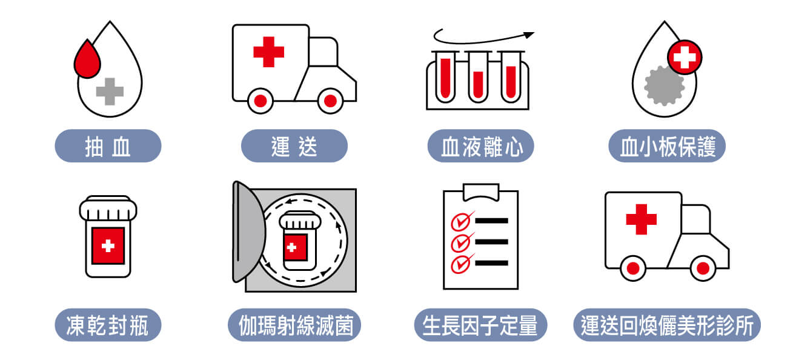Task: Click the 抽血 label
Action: point(108,146)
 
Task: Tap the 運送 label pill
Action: point(294,146)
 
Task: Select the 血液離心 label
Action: point(480,146)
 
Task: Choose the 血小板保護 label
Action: point(667,146)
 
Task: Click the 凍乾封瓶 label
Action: point(108,325)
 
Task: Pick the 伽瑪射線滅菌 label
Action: point(294,325)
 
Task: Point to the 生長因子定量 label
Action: point(480,325)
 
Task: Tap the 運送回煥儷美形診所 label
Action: point(667,325)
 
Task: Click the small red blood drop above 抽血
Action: point(87,61)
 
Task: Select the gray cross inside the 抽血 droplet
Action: point(110,92)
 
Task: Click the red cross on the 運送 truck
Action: point(268,52)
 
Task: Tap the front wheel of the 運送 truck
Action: point(331,101)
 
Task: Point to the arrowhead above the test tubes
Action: point(529,35)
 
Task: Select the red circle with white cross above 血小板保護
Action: point(685,57)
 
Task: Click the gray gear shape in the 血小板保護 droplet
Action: point(664,85)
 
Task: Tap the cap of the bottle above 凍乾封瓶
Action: point(108,208)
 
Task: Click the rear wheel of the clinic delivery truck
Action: point(633,268)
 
